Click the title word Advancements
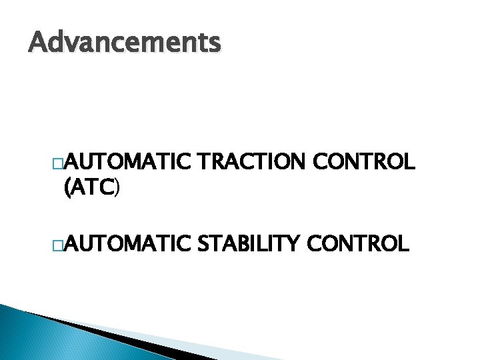click(124, 43)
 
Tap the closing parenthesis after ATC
click(118, 191)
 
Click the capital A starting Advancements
click(39, 43)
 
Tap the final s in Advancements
click(213, 45)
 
